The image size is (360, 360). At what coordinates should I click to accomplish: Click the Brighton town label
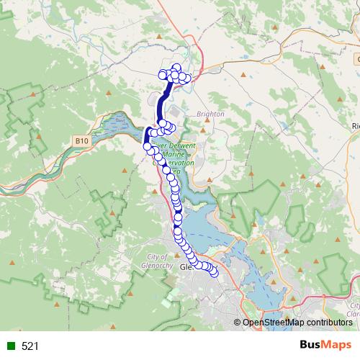(210, 114)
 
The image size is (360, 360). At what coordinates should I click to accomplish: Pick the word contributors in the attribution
(328, 323)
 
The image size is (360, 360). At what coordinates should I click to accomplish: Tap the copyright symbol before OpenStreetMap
(238, 323)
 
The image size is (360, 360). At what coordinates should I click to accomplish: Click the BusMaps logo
(325, 346)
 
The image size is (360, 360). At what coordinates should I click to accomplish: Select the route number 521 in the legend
(30, 346)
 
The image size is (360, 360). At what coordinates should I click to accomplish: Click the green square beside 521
(12, 346)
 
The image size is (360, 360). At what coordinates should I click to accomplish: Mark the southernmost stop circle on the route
(213, 272)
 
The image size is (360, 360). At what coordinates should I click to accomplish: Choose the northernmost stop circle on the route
(176, 68)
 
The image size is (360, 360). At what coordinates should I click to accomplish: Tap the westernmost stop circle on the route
(148, 145)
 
